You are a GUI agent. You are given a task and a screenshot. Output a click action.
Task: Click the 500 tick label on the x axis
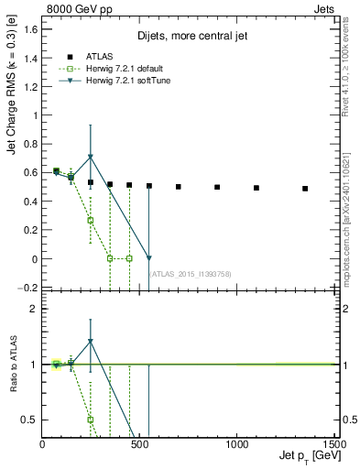139,443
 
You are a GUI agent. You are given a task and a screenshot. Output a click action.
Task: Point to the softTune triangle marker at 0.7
90,158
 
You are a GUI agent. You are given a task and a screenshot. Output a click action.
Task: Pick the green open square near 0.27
90,220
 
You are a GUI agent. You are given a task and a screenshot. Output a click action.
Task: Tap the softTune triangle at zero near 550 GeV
148,258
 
